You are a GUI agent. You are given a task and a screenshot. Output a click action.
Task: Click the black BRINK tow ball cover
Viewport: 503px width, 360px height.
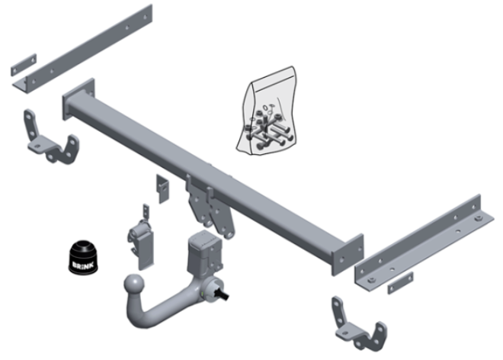click(82, 257)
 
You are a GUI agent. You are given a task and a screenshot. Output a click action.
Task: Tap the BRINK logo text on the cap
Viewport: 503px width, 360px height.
click(82, 265)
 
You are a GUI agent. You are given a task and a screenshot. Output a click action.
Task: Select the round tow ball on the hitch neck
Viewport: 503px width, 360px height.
click(134, 284)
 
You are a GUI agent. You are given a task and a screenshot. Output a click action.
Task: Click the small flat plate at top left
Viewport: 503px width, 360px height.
click(24, 65)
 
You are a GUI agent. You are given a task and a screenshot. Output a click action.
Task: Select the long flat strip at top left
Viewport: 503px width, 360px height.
click(83, 50)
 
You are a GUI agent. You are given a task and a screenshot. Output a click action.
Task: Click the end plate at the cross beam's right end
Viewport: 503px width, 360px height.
click(348, 255)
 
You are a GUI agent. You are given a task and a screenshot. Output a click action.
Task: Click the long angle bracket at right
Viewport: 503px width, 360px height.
click(424, 243)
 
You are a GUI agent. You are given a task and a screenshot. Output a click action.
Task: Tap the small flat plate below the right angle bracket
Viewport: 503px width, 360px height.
click(400, 283)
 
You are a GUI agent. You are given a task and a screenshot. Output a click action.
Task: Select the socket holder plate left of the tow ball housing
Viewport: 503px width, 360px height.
click(142, 242)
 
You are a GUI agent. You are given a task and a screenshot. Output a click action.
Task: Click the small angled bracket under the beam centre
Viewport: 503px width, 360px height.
click(162, 188)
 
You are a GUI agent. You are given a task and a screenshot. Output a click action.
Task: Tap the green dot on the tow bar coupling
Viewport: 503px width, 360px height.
click(203, 294)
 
